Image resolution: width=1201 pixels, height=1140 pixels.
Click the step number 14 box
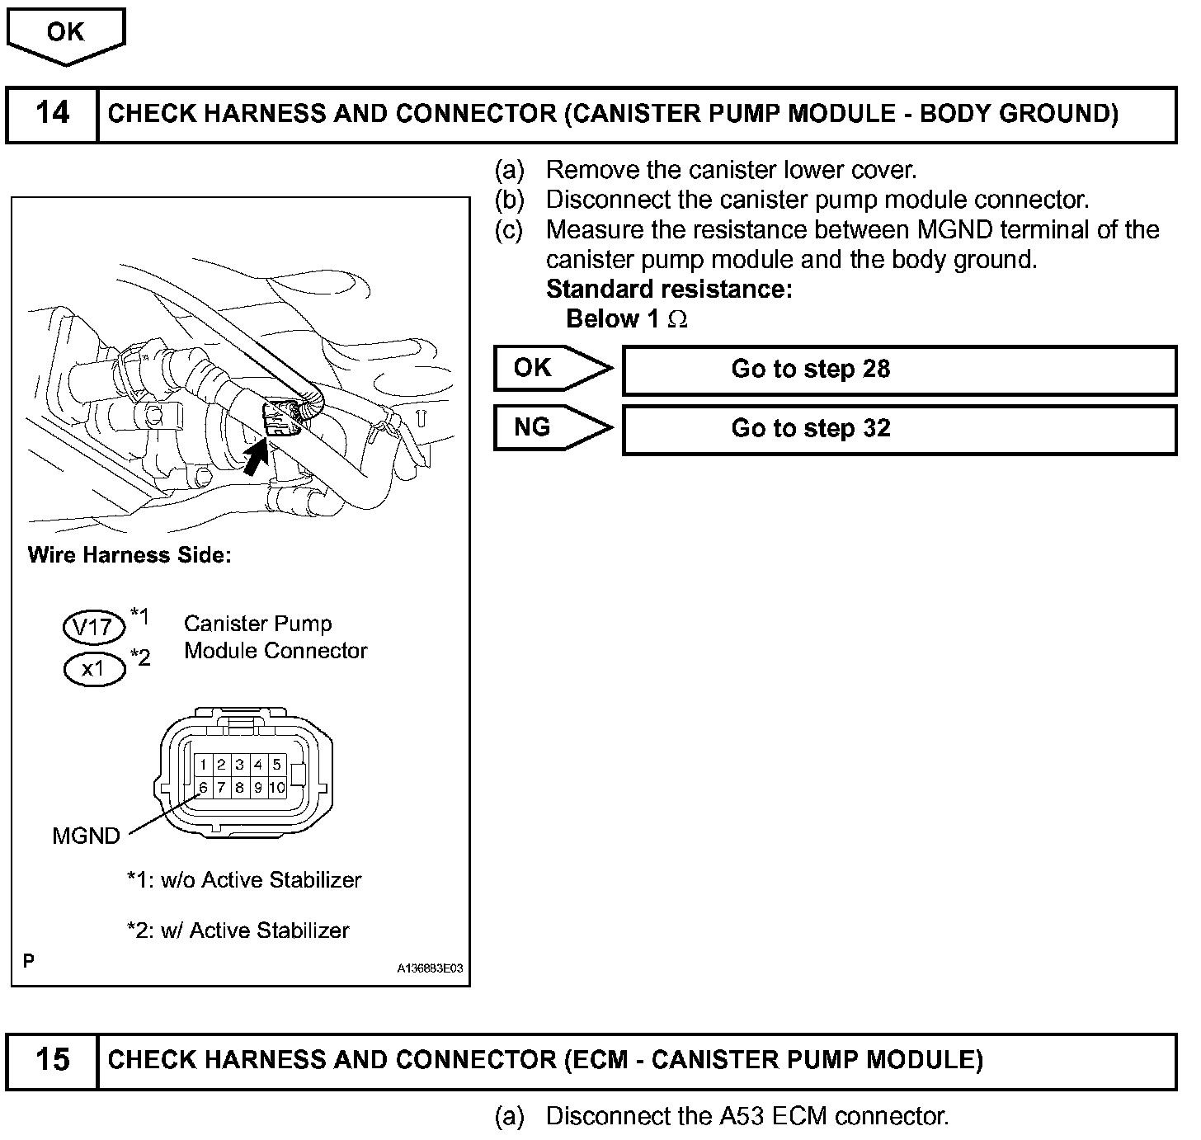click(x=52, y=114)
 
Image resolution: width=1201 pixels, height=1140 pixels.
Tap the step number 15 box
click(x=52, y=1060)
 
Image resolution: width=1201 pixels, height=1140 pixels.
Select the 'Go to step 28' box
click(x=899, y=370)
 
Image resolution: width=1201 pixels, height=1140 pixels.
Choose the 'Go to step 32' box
click(x=899, y=429)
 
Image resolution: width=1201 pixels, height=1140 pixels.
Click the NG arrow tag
click(x=551, y=427)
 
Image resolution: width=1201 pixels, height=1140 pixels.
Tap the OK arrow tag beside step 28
click(x=551, y=368)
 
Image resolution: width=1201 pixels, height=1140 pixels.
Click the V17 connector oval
click(x=94, y=628)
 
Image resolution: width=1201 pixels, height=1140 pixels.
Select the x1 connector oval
click(x=94, y=669)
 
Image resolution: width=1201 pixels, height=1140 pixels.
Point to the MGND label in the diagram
click(x=86, y=836)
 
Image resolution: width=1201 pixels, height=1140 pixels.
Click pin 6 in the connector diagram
click(x=203, y=788)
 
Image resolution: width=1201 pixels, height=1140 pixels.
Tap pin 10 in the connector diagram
click(x=277, y=788)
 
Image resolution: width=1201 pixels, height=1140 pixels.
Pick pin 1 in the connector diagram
click(x=203, y=765)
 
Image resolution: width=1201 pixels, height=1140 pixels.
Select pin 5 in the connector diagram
click(x=277, y=765)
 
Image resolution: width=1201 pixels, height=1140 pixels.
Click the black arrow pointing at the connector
click(x=257, y=456)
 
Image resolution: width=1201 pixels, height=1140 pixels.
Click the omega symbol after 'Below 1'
click(x=677, y=320)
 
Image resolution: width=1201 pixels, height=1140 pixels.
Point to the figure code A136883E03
click(x=430, y=970)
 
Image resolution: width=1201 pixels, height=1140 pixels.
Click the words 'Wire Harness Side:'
click(x=130, y=555)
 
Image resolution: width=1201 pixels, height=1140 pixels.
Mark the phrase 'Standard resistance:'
click(x=669, y=290)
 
